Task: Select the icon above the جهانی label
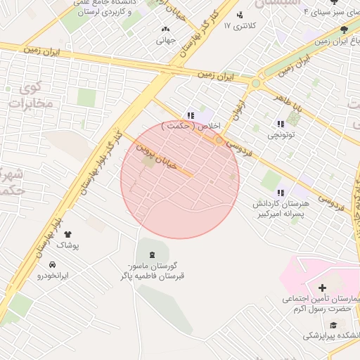coord(165,30)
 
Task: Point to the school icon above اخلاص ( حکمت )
coord(190,115)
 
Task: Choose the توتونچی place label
coord(281,131)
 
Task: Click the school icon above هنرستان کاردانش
coord(281,193)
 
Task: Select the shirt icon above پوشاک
coord(68,234)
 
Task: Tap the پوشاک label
coord(68,246)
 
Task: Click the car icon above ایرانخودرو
coord(53,264)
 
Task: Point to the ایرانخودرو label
coord(53,276)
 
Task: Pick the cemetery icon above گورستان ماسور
coord(153,253)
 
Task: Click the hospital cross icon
coord(322,288)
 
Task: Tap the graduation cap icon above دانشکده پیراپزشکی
coord(332,325)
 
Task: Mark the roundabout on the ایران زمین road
coord(255,83)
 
